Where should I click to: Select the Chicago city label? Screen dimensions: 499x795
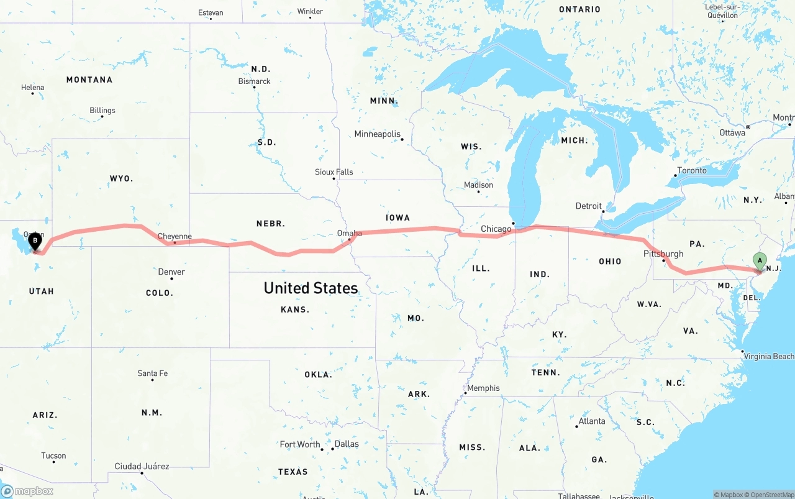click(x=496, y=229)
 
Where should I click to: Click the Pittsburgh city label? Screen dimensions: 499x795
click(x=663, y=254)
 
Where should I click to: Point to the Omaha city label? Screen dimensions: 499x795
click(x=349, y=233)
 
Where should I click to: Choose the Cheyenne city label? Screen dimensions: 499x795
click(x=175, y=236)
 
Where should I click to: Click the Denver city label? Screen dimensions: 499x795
click(x=171, y=272)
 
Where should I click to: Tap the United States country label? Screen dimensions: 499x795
click(x=311, y=288)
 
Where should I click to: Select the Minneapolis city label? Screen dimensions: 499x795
click(x=378, y=134)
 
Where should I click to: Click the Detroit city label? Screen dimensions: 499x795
click(x=588, y=206)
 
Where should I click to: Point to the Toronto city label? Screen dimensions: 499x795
click(x=691, y=170)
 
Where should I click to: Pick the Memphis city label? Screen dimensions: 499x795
click(x=483, y=388)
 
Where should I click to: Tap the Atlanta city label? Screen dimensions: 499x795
click(x=591, y=421)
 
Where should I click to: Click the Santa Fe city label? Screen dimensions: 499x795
click(x=152, y=373)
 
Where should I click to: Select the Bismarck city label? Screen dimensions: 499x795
click(x=254, y=81)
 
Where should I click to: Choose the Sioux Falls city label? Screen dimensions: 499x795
click(x=334, y=172)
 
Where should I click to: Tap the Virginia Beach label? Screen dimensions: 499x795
click(x=769, y=356)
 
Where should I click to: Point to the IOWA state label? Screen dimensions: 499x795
click(x=397, y=217)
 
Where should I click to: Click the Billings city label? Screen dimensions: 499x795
click(x=102, y=111)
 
